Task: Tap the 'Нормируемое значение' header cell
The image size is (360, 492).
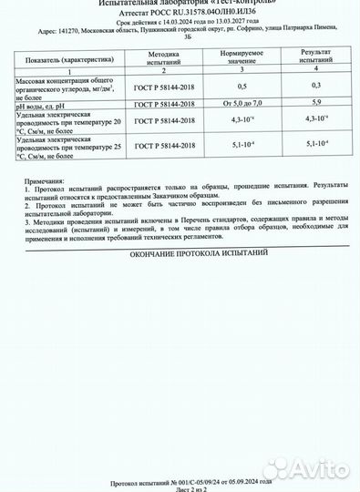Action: [x=242, y=56]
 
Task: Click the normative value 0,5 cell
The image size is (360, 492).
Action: [x=242, y=85]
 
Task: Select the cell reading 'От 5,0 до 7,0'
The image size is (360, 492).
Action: [x=242, y=105]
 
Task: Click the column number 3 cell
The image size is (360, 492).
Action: [x=242, y=70]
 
